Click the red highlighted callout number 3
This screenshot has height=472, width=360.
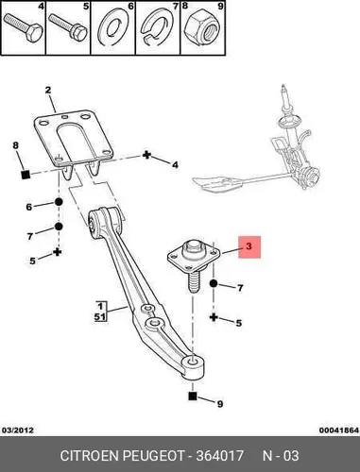[249, 246]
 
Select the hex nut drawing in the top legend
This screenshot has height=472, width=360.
[200, 31]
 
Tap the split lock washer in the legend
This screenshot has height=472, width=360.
[157, 28]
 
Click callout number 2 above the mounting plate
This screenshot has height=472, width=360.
[47, 91]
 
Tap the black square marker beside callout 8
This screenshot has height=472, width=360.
[26, 175]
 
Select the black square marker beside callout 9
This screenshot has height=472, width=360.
[193, 396]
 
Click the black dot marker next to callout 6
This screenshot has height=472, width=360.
[59, 202]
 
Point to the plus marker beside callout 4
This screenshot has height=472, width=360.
[146, 155]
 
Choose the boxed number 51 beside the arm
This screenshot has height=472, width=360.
[100, 316]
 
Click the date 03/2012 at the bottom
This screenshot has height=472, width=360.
[18, 430]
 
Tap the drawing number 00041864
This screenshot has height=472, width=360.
[339, 430]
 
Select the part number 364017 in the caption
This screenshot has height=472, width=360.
[220, 455]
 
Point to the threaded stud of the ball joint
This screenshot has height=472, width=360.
[192, 282]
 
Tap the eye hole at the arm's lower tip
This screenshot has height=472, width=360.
[193, 361]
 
